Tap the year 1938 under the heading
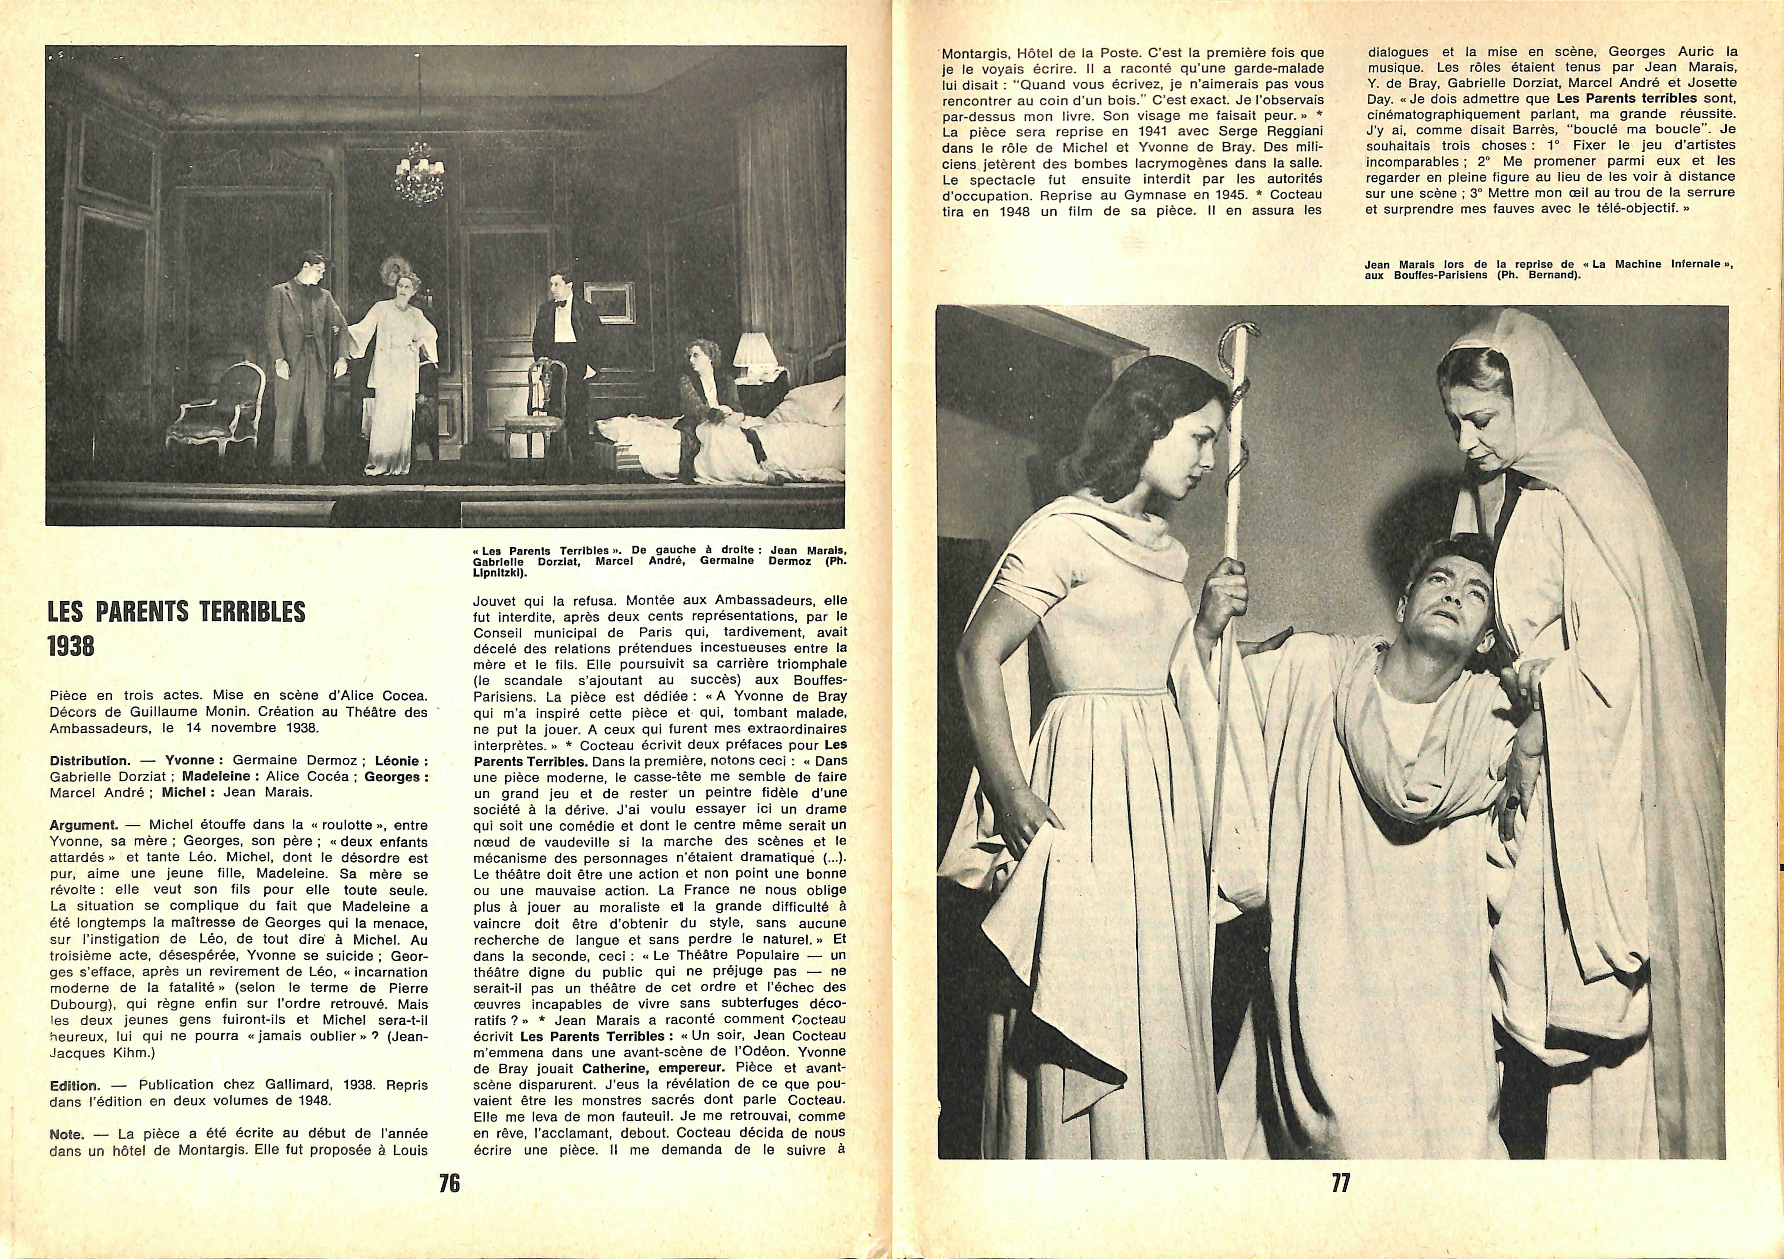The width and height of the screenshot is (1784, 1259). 71,646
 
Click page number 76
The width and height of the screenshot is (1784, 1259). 449,1183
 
